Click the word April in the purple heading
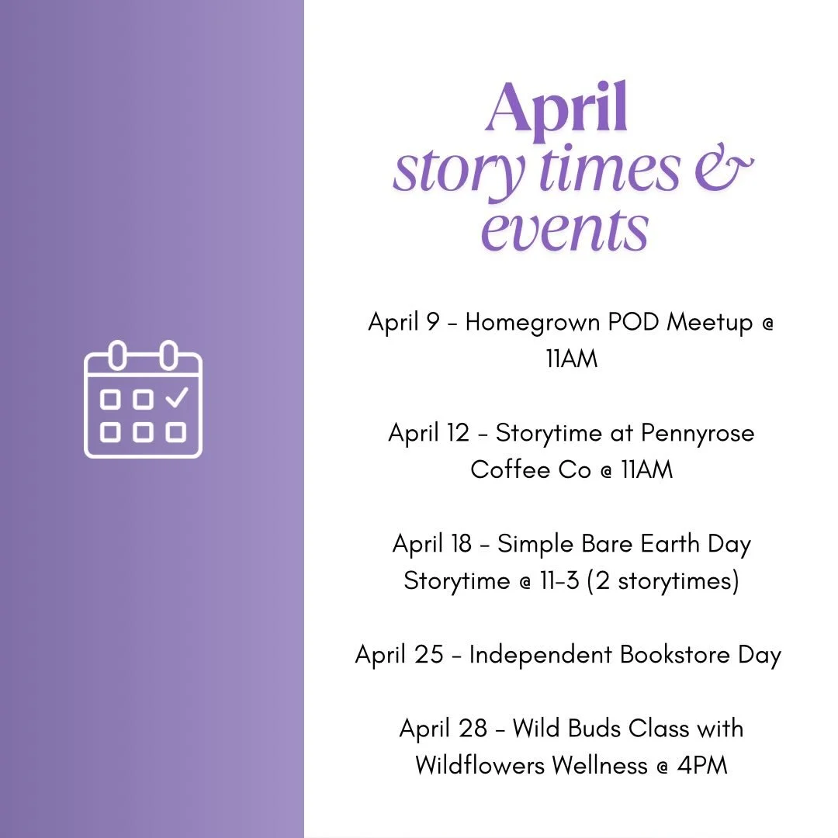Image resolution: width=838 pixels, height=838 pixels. coord(556,111)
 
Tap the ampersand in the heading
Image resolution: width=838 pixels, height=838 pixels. coord(723,171)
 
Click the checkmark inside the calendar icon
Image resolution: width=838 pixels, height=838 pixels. coord(177,397)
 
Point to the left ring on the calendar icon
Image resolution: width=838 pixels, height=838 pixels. coord(117,355)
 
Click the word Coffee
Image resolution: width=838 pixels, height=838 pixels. coord(509,469)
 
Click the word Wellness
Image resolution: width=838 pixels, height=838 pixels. coord(599,765)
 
